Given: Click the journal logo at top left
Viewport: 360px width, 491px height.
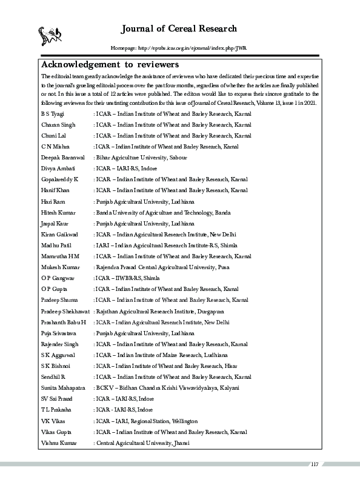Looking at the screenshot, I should pyautogui.click(x=49, y=35).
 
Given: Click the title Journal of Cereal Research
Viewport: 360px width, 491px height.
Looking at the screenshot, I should pyautogui.click(x=179, y=28).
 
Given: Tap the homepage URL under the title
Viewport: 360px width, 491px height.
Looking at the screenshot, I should pyautogui.click(x=179, y=48).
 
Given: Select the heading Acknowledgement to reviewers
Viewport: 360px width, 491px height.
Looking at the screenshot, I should pyautogui.click(x=109, y=64).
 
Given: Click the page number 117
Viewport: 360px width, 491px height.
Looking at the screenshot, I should pyautogui.click(x=314, y=464).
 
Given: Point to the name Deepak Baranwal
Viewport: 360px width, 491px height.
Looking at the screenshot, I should pyautogui.click(x=62, y=157).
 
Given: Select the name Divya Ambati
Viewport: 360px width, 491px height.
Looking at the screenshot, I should pyautogui.click(x=58, y=168).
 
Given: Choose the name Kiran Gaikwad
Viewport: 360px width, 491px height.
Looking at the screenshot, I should pyautogui.click(x=59, y=234).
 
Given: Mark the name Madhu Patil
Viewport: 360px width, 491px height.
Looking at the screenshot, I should pyautogui.click(x=56, y=245).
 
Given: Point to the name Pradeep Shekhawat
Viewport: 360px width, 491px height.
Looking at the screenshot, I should pyautogui.click(x=65, y=310).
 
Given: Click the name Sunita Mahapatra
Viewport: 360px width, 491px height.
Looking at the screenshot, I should pyautogui.click(x=62, y=387).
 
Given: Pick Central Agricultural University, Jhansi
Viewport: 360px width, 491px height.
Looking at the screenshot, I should pyautogui.click(x=142, y=443).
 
